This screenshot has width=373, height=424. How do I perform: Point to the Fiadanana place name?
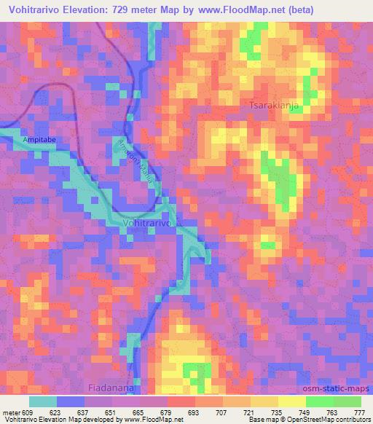[111, 388]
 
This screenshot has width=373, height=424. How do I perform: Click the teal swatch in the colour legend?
[44, 401]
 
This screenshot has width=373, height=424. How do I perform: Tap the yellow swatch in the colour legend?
[292, 401]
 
